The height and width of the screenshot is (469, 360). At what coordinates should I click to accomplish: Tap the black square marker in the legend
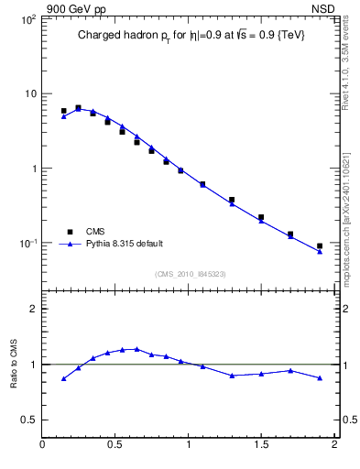[69, 232]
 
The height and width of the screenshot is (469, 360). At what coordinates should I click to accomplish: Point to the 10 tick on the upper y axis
[29, 94]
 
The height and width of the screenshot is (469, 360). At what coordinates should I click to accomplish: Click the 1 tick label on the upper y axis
[33, 169]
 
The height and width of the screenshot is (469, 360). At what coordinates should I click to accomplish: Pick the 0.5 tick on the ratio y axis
[28, 420]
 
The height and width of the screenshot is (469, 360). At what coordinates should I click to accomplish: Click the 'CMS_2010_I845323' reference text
[189, 274]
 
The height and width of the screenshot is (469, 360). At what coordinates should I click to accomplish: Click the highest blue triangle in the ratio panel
[136, 349]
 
